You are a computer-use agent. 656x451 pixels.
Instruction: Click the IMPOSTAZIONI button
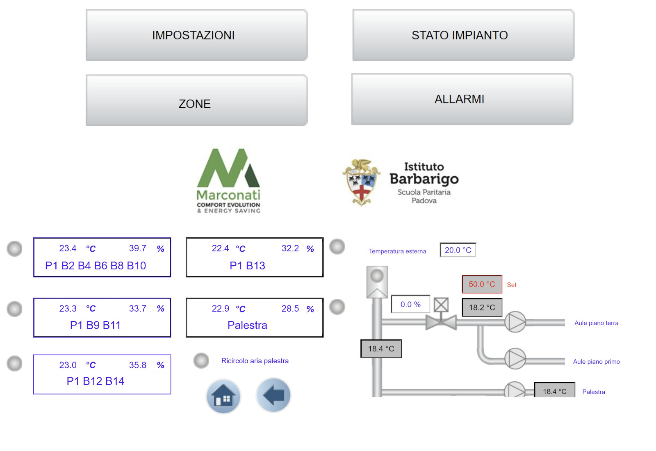point(196,35)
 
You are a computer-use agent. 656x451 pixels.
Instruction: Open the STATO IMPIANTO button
point(463,35)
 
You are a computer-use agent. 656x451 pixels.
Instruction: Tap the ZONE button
point(196,100)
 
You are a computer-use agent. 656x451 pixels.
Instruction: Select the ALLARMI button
point(462,99)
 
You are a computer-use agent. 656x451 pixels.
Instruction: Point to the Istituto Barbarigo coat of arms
point(361,182)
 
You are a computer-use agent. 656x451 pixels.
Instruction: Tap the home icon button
point(223,396)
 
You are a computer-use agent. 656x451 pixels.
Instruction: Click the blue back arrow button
point(273,395)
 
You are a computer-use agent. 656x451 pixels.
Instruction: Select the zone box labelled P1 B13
point(254,257)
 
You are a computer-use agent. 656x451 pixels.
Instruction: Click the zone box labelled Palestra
point(254,318)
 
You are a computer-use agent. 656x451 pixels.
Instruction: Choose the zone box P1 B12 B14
point(102,374)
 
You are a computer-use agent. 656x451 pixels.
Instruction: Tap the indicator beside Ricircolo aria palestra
point(201,361)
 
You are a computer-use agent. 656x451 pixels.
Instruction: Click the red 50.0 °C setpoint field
point(482,284)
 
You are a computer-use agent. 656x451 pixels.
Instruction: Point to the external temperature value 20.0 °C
point(458,250)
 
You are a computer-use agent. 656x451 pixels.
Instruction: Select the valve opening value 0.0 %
point(410,304)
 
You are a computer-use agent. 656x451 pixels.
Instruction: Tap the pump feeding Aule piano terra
point(515,322)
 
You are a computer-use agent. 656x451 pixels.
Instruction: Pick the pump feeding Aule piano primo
point(515,359)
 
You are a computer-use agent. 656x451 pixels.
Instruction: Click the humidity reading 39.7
point(138,248)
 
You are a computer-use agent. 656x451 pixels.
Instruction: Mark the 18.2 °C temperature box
point(482,307)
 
